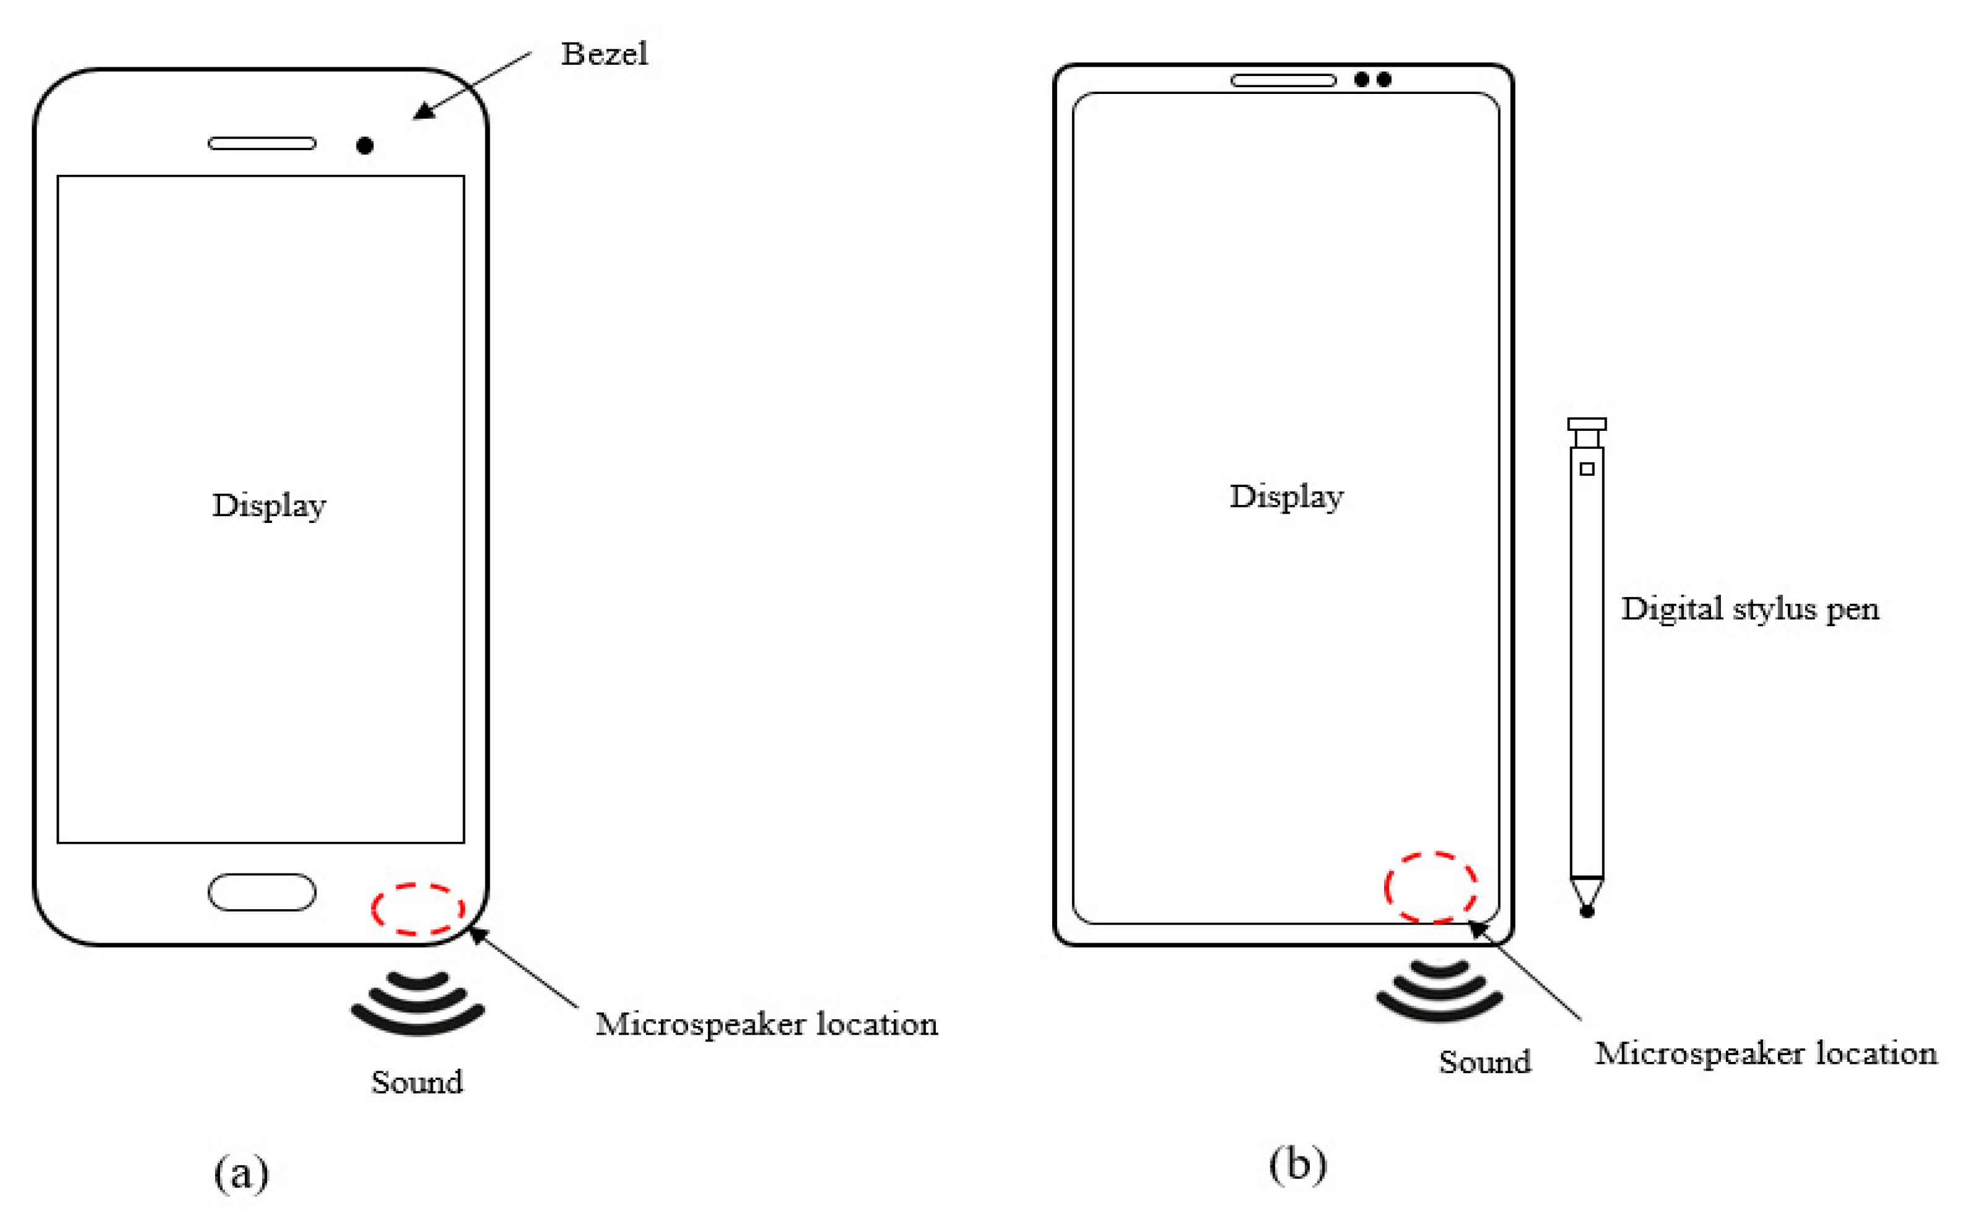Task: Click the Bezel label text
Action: pyautogui.click(x=604, y=54)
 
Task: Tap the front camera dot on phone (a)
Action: pyautogui.click(x=365, y=145)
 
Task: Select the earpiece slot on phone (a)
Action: pyautogui.click(x=261, y=144)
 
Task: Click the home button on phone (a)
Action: pyautogui.click(x=261, y=892)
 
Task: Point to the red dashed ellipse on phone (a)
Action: pyautogui.click(x=417, y=909)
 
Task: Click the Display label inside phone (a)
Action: pyautogui.click(x=269, y=506)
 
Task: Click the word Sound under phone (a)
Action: pyautogui.click(x=417, y=1082)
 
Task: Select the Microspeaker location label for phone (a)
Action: pyautogui.click(x=767, y=1024)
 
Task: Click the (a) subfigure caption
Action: pyautogui.click(x=241, y=1174)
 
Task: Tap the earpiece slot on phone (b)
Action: pyautogui.click(x=1283, y=80)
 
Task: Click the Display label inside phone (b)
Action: pyautogui.click(x=1286, y=496)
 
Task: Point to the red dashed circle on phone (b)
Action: pyautogui.click(x=1430, y=887)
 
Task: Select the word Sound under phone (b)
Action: pyautogui.click(x=1484, y=1061)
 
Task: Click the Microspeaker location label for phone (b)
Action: pyautogui.click(x=1766, y=1053)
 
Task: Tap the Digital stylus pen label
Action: pyautogui.click(x=1750, y=609)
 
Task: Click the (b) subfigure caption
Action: pyautogui.click(x=1298, y=1164)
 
